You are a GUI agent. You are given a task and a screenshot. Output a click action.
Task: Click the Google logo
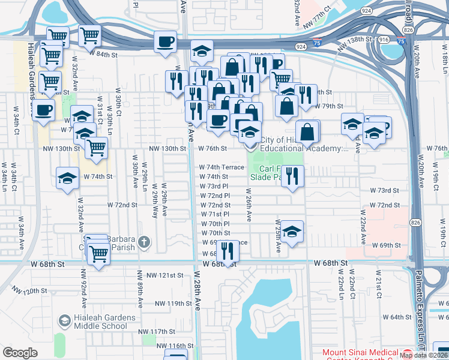click(20, 353)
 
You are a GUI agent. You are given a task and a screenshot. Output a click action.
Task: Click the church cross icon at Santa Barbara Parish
click(143, 242)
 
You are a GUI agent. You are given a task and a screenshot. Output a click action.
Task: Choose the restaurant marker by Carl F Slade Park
click(292, 176)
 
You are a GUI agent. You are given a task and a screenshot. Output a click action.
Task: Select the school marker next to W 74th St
click(67, 178)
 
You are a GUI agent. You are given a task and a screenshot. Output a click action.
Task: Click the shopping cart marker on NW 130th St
click(96, 148)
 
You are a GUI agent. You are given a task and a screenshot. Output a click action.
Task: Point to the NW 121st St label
click(164, 275)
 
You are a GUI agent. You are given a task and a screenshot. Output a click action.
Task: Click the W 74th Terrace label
click(221, 167)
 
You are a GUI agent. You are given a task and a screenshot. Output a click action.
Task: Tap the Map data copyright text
click(424, 355)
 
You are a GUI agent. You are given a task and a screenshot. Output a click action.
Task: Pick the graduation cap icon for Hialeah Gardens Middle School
click(63, 322)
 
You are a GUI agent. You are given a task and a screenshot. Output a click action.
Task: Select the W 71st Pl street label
click(215, 214)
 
